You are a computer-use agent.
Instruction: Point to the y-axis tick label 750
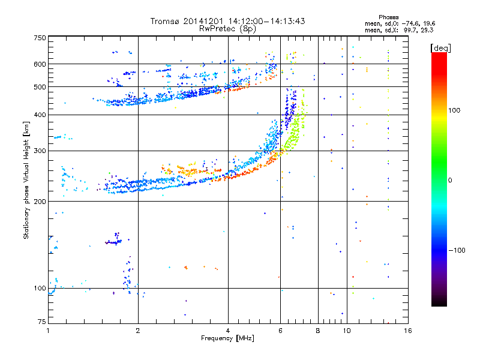40,38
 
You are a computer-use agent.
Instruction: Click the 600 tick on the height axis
40,64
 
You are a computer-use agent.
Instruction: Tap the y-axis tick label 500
40,87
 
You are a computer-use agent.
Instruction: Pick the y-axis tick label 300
40,151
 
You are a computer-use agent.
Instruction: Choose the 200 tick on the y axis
40,202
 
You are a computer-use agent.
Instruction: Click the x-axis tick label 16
407,331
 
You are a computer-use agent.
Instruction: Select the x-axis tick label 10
346,331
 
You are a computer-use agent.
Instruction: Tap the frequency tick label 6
280,331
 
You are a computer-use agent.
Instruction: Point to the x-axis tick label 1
49,331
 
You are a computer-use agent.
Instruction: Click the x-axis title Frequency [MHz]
227,338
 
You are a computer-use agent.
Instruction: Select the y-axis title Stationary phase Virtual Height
26,180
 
